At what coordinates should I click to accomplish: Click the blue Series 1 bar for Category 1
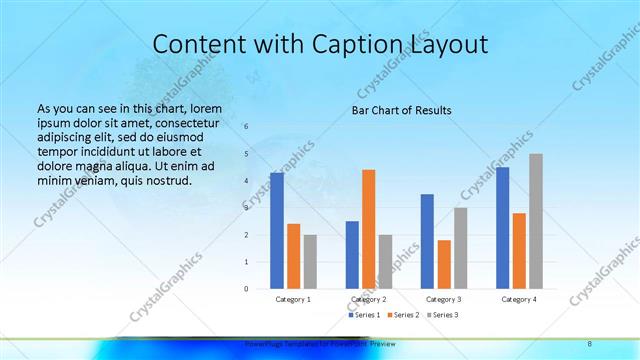[277, 231]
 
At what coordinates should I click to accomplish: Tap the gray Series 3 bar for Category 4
[536, 221]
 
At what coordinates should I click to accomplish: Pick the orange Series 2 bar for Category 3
[444, 264]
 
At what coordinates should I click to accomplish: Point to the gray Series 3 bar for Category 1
[310, 262]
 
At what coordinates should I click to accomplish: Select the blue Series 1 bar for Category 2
[352, 255]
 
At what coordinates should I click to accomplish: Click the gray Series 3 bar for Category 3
[460, 248]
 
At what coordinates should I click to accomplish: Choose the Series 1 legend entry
[365, 315]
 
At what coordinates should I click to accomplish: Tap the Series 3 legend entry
[443, 315]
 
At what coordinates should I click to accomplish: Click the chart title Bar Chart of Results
[401, 110]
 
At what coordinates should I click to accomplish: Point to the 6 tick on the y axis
[247, 127]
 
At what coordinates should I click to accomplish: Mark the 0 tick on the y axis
[247, 289]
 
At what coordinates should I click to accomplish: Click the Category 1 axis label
[293, 299]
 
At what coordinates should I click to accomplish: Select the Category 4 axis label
[518, 299]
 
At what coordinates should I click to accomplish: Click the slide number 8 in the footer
[590, 343]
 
